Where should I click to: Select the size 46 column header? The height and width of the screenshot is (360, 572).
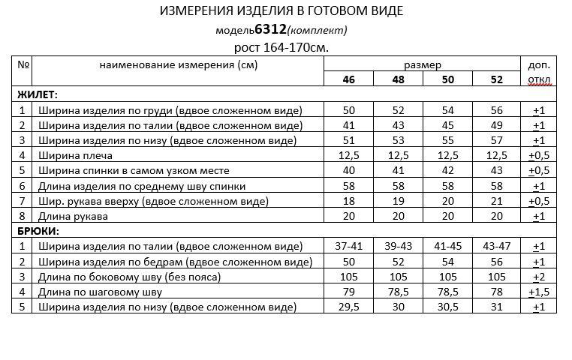pyautogui.click(x=349, y=80)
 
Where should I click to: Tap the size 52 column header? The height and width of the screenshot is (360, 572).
pyautogui.click(x=497, y=80)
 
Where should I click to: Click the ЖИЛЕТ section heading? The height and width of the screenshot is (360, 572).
pyautogui.click(x=38, y=95)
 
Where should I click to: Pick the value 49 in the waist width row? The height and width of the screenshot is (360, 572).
pyautogui.click(x=497, y=125)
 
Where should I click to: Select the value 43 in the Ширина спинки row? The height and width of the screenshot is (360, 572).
pyautogui.click(x=497, y=170)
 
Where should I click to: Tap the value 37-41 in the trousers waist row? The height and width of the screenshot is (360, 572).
pyautogui.click(x=349, y=246)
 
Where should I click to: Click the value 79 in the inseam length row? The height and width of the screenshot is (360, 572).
pyautogui.click(x=349, y=292)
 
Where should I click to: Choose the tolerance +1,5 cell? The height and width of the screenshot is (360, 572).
pyautogui.click(x=539, y=292)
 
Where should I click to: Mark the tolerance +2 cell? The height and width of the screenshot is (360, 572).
pyautogui.click(x=539, y=277)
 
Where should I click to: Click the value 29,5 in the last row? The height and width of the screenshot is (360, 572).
pyautogui.click(x=349, y=307)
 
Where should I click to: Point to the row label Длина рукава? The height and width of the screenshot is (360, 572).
pyautogui.click(x=73, y=216)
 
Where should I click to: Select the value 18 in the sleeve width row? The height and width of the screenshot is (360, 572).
pyautogui.click(x=349, y=201)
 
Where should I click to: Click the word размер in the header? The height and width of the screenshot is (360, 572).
pyautogui.click(x=423, y=65)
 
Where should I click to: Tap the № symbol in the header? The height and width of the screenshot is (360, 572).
pyautogui.click(x=23, y=64)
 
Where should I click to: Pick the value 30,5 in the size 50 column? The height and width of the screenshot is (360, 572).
pyautogui.click(x=447, y=307)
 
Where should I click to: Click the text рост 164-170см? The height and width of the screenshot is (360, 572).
pyautogui.click(x=281, y=47)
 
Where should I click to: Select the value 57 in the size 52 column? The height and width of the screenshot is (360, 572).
pyautogui.click(x=497, y=140)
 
